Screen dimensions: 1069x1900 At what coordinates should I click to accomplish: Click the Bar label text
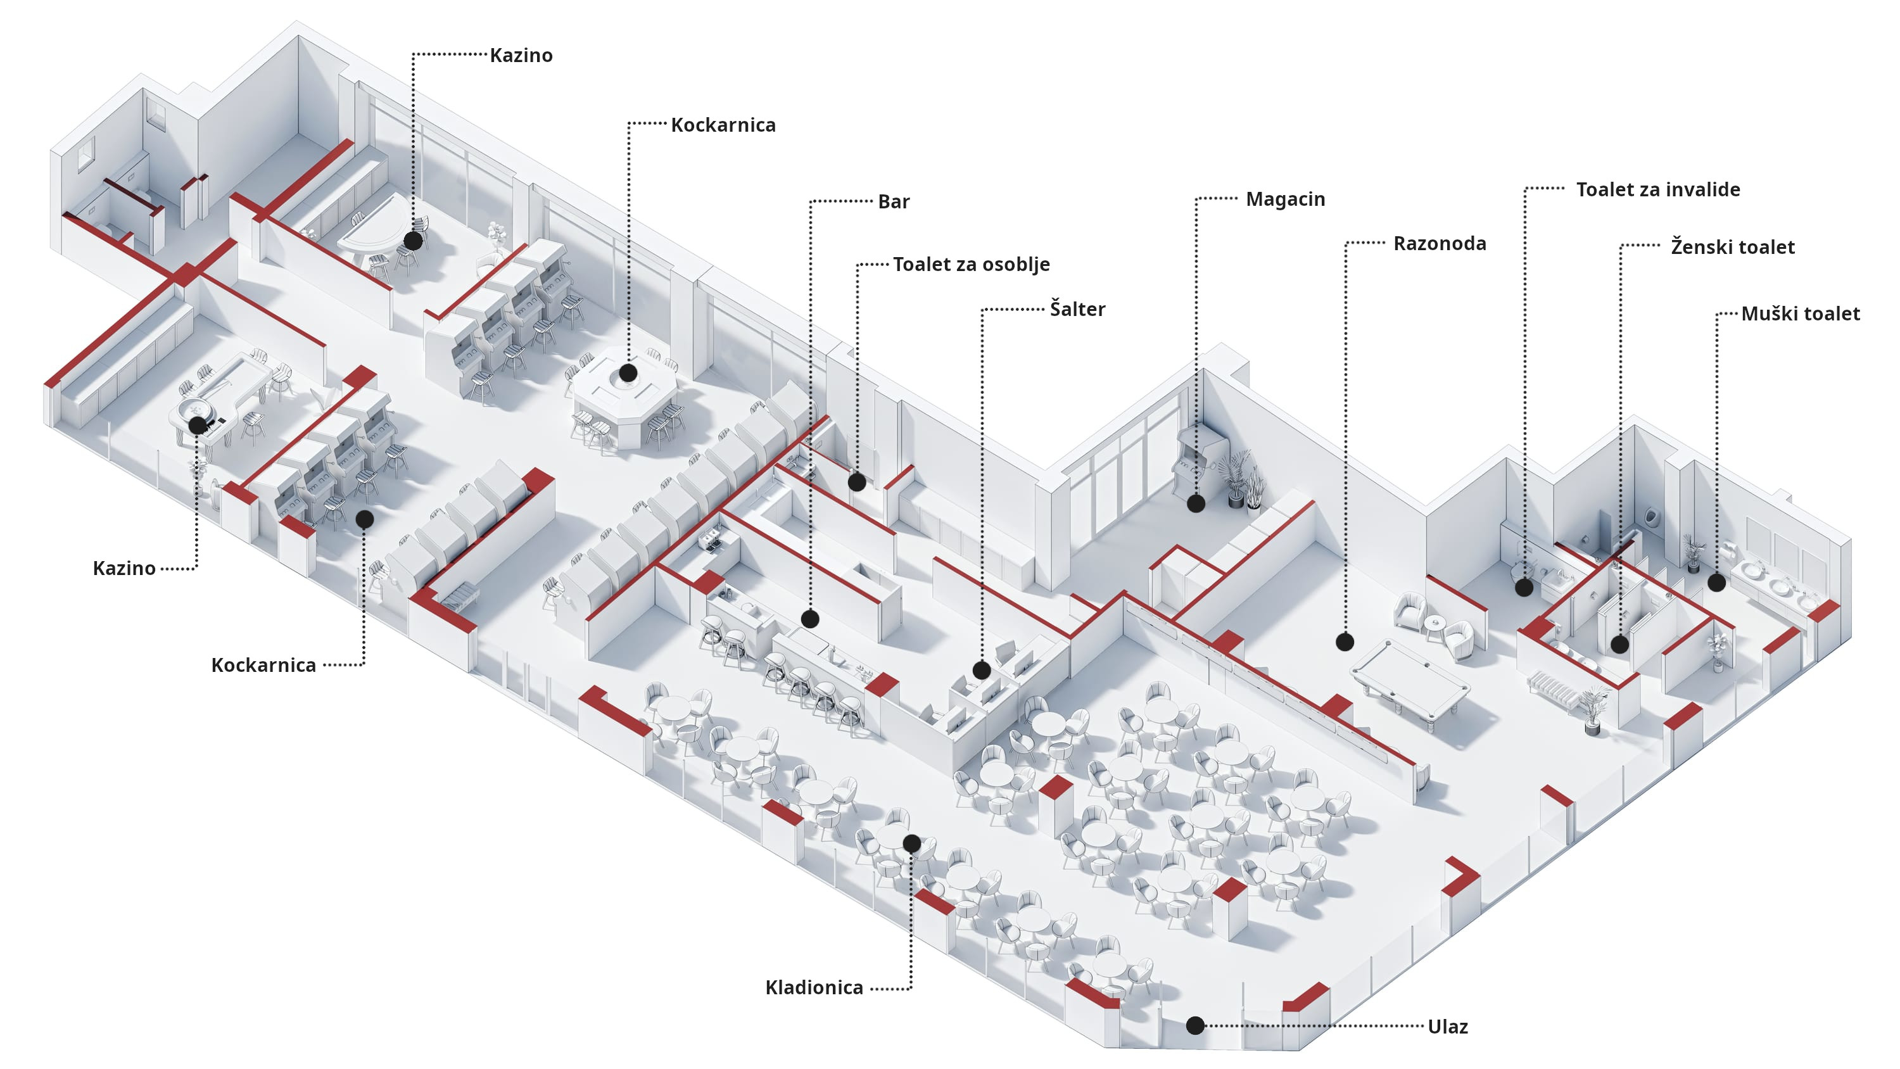click(x=893, y=201)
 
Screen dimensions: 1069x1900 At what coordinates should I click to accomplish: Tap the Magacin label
click(x=1285, y=199)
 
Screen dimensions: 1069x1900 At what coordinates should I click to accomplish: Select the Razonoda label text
click(x=1439, y=243)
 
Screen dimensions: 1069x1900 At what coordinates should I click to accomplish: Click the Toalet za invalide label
click(x=1657, y=189)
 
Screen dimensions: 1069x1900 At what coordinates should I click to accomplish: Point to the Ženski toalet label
click(x=1732, y=247)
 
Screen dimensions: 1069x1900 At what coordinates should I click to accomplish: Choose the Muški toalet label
click(x=1800, y=313)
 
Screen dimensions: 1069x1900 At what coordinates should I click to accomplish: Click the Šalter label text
click(x=1077, y=309)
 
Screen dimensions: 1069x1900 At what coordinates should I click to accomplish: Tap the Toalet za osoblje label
click(x=971, y=264)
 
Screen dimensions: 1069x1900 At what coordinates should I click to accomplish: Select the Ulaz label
click(x=1447, y=1026)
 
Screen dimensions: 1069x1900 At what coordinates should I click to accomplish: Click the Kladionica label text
click(x=814, y=987)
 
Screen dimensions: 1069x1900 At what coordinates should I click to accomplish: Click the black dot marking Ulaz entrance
click(x=1196, y=1025)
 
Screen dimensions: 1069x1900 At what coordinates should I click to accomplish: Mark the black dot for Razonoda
click(x=1345, y=642)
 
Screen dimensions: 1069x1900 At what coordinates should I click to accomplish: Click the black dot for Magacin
click(x=1196, y=504)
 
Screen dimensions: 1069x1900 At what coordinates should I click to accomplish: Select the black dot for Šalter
click(x=981, y=670)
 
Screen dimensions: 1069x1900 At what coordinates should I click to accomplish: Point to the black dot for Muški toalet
click(x=1716, y=583)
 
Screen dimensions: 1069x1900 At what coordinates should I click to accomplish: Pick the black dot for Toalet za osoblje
click(x=856, y=483)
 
